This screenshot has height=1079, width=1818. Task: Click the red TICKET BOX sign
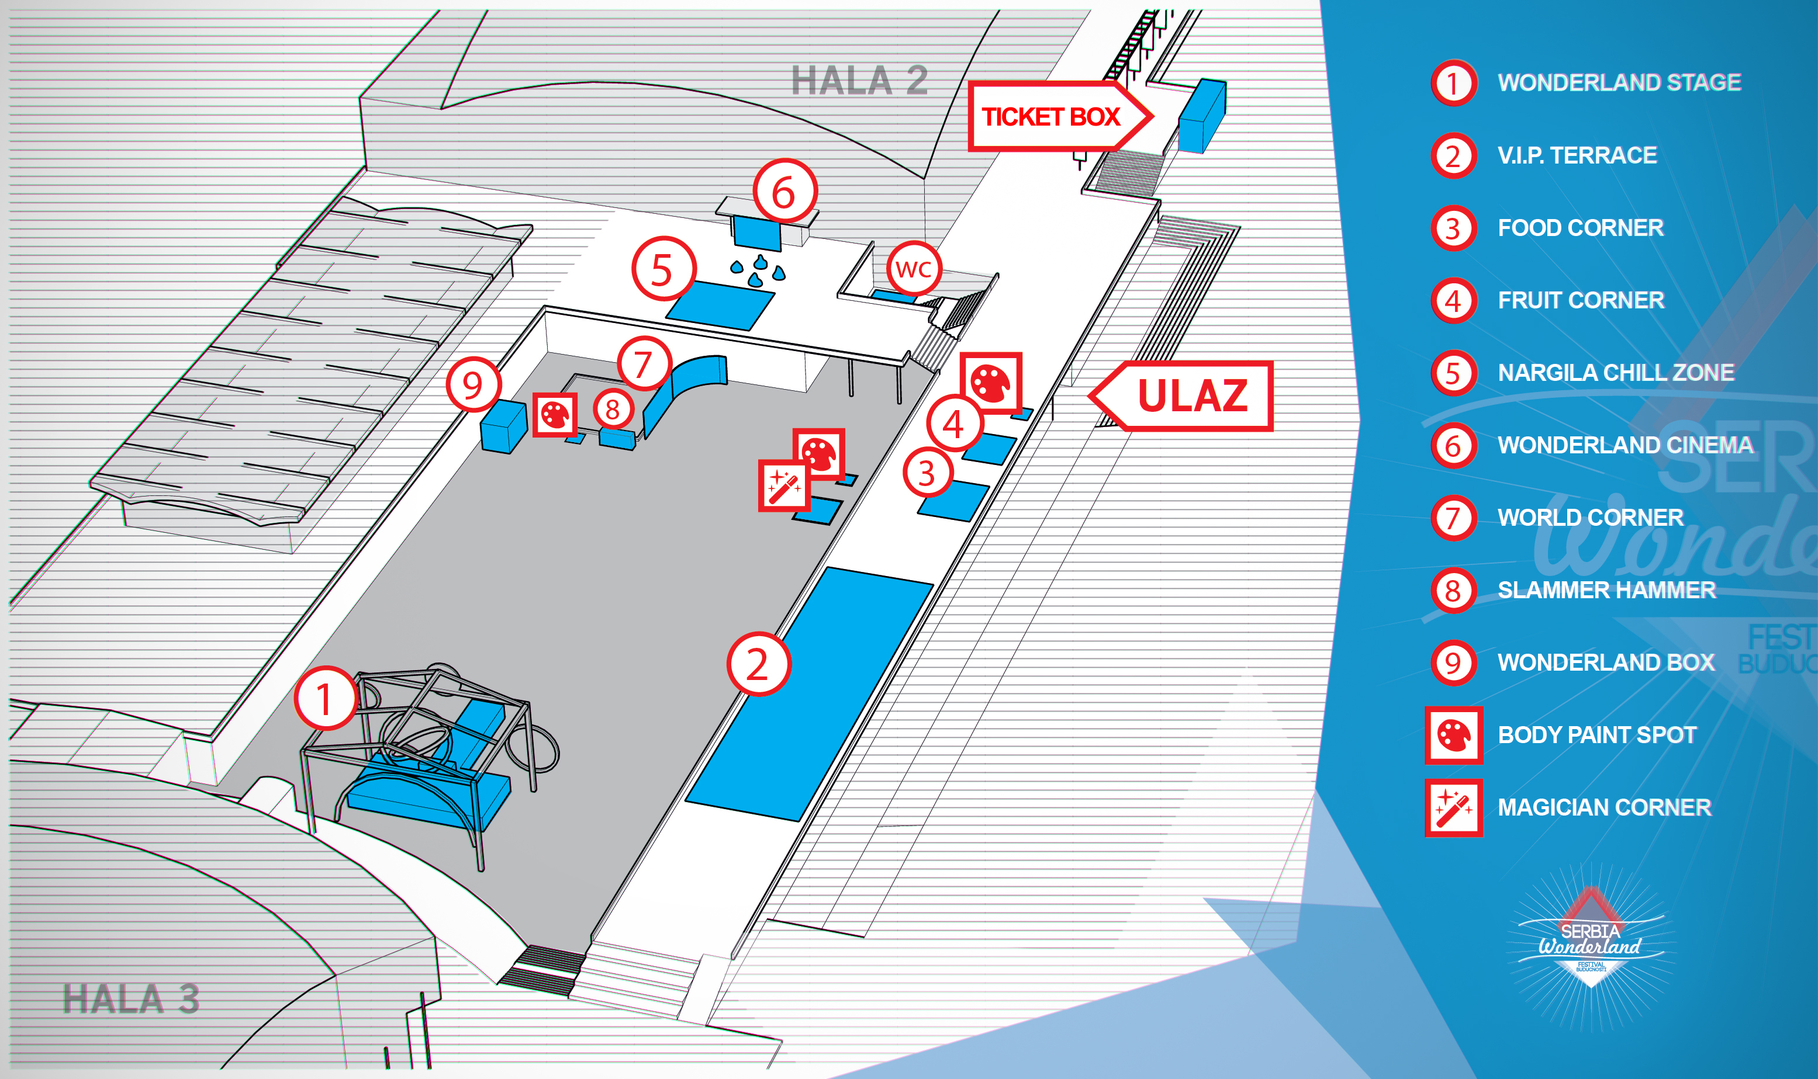click(x=1059, y=116)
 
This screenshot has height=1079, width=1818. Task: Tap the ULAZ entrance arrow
click(x=1181, y=395)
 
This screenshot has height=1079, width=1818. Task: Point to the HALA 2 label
click(x=859, y=80)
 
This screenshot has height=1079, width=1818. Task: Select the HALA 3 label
click(x=131, y=998)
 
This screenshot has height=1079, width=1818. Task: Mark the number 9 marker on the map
click(x=473, y=384)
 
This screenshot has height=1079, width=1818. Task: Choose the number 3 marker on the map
click(x=928, y=473)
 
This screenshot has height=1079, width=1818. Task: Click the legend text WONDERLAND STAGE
click(x=1619, y=82)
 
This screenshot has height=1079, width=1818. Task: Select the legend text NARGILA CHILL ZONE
click(x=1616, y=372)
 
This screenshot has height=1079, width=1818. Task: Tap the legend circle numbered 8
click(x=1454, y=591)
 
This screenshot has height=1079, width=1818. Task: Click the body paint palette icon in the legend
click(x=1454, y=735)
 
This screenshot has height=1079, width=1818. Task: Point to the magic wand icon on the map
click(x=783, y=485)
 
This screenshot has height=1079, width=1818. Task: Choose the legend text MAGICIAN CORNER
click(x=1604, y=807)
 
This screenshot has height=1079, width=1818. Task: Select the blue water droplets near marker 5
click(x=759, y=270)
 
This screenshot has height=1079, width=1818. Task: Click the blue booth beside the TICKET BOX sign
click(x=1202, y=116)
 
